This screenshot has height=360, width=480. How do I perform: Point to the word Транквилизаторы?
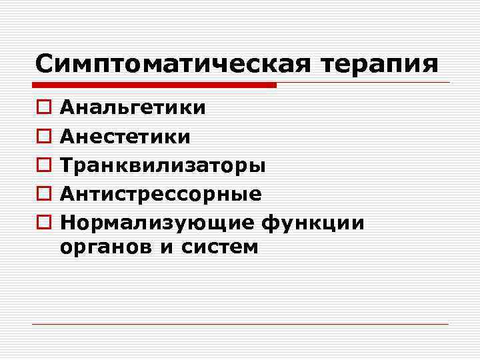coord(163,165)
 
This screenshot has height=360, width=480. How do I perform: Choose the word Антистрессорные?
coord(161,194)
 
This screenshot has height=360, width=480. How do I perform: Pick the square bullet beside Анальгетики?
coord(42,108)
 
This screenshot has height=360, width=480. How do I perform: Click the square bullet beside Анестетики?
coord(42,137)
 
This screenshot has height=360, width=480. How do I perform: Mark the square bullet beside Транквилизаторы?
coord(42,165)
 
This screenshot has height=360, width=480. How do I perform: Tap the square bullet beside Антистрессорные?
coord(42,194)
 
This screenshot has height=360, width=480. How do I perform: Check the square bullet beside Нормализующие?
coord(42,223)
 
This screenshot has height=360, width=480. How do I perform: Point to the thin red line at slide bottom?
coord(240,324)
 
